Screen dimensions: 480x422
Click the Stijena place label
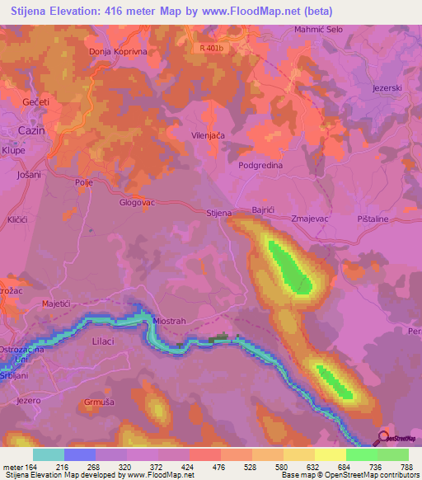pyautogui.click(x=218, y=213)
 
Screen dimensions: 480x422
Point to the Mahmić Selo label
pyautogui.click(x=318, y=30)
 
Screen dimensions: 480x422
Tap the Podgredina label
pyautogui.click(x=260, y=165)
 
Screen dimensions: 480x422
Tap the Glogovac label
pyautogui.click(x=137, y=202)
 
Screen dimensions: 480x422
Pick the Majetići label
pyautogui.click(x=59, y=304)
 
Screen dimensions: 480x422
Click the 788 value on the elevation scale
pyautogui.click(x=406, y=466)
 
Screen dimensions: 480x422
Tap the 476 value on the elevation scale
pyautogui.click(x=218, y=466)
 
